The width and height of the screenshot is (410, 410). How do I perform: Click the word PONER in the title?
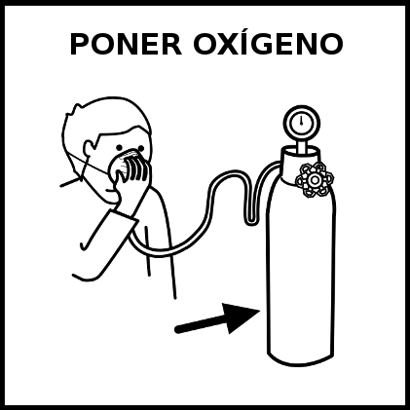pyautogui.click(x=126, y=44)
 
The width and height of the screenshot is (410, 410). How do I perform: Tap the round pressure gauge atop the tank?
pyautogui.click(x=302, y=124)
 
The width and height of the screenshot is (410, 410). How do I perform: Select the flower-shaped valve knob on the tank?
pyautogui.click(x=315, y=179)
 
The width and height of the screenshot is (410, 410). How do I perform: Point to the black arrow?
pyautogui.click(x=217, y=319)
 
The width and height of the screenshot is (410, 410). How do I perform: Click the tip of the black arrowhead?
pyautogui.click(x=260, y=311)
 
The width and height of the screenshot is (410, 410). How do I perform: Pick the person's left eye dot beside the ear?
pyautogui.click(x=120, y=147)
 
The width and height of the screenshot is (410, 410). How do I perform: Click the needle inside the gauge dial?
pyautogui.click(x=301, y=122)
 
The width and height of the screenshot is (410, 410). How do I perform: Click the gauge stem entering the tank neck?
pyautogui.click(x=302, y=147)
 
